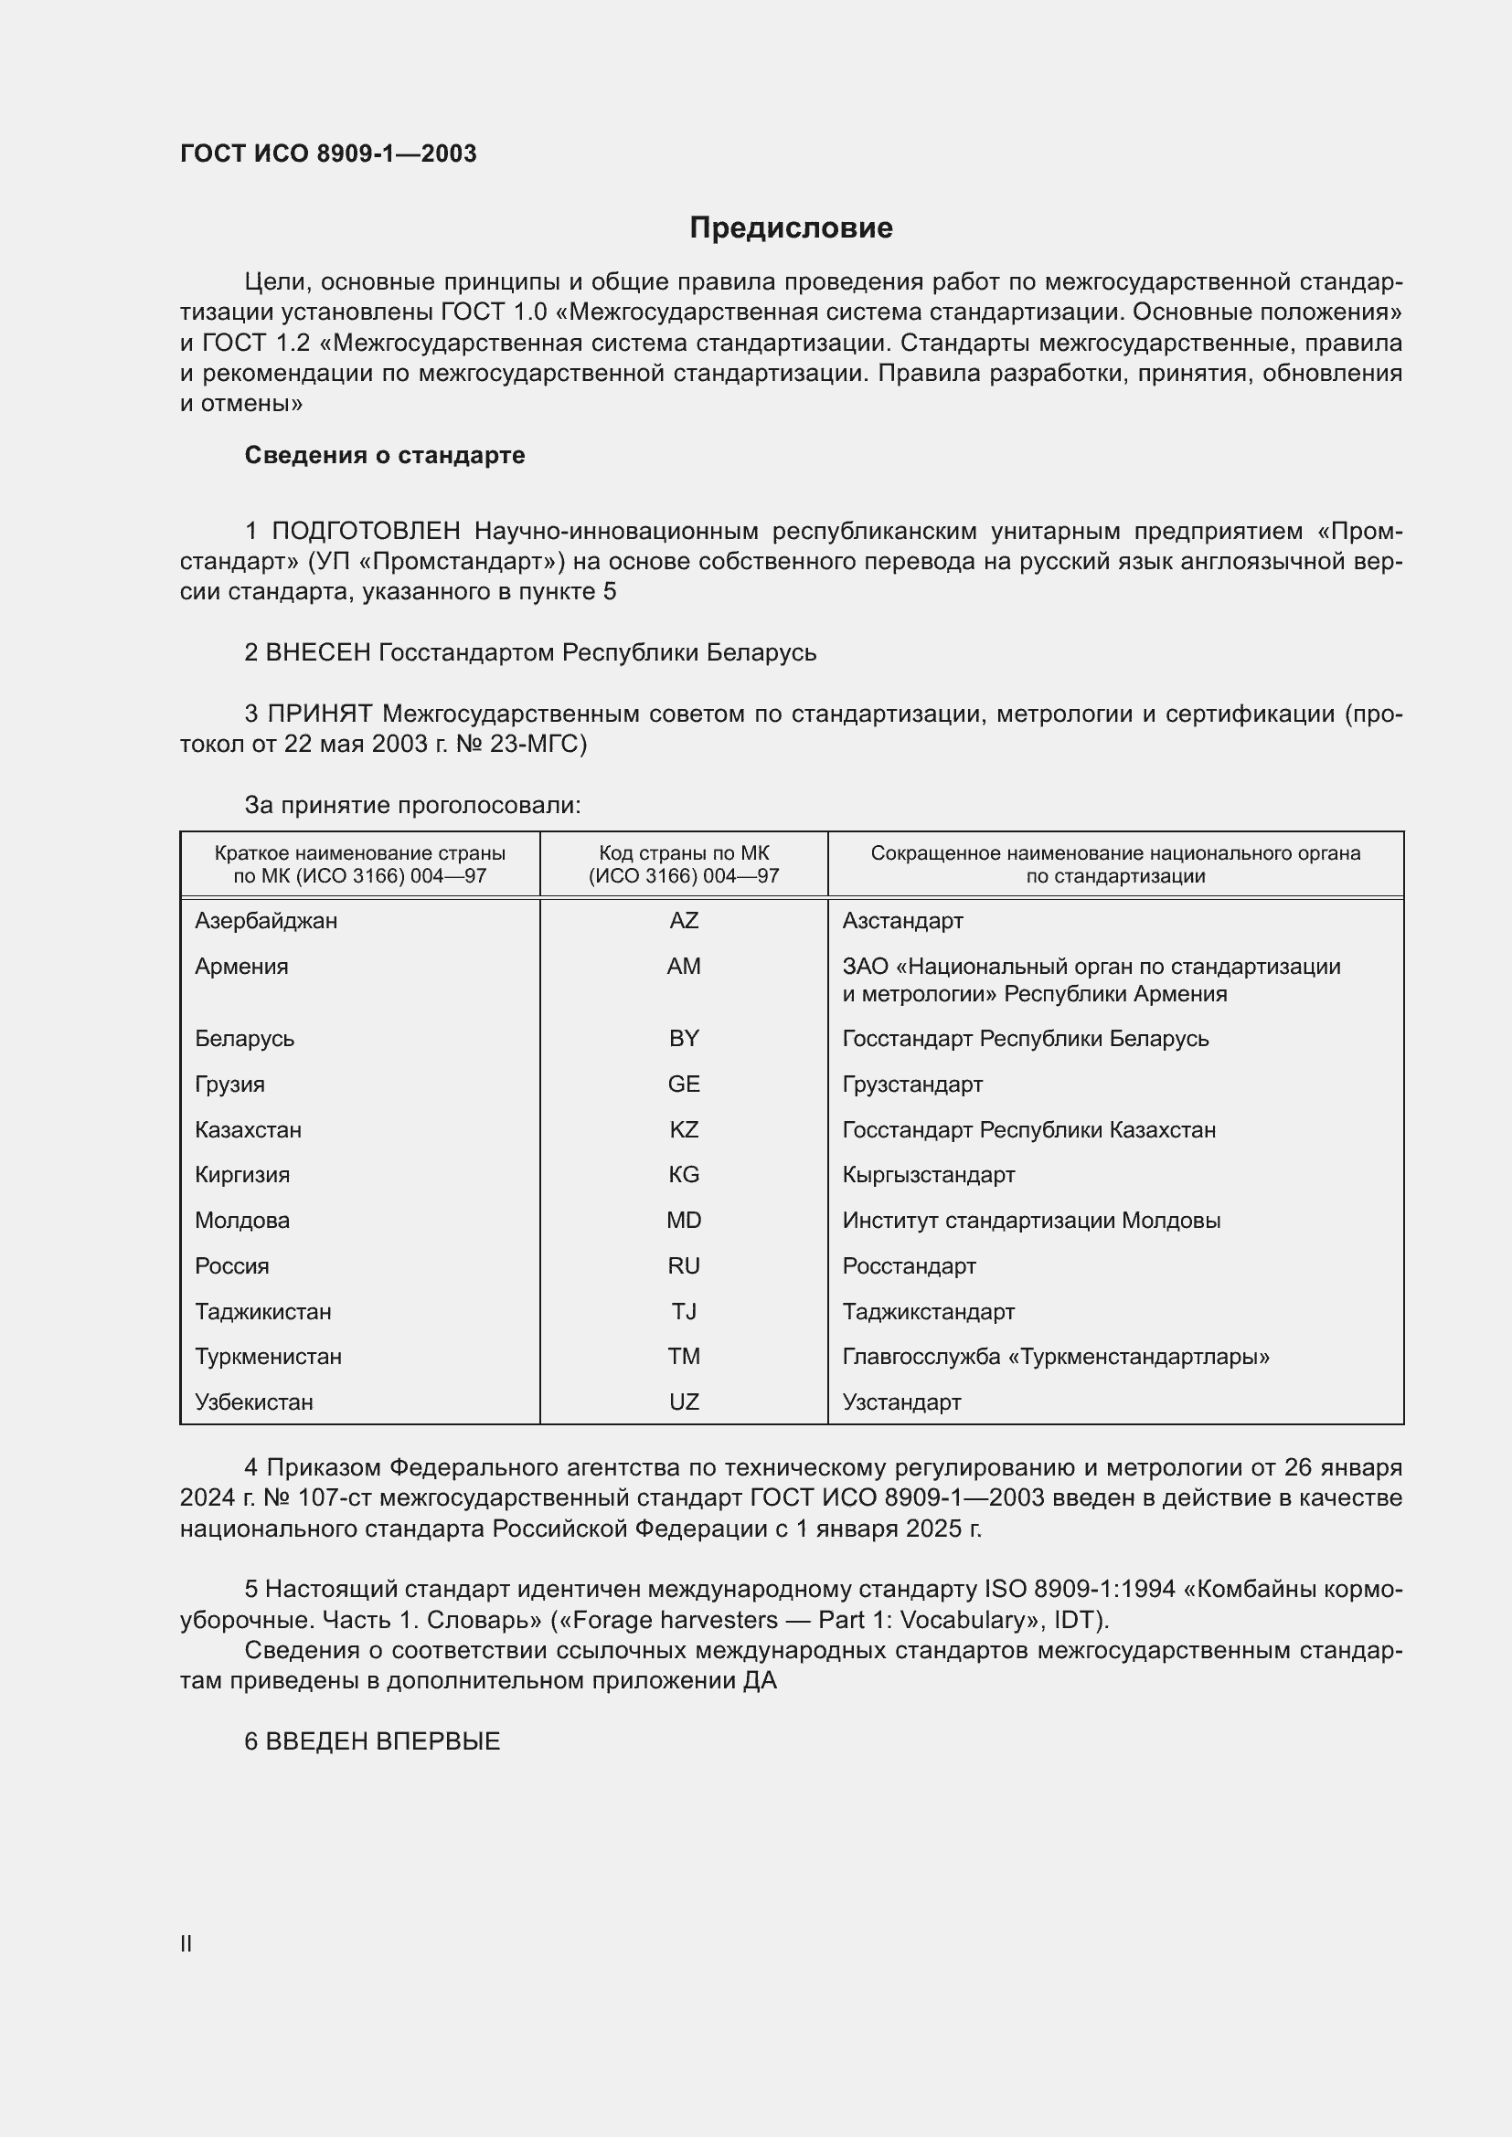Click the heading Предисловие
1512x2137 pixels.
(x=791, y=228)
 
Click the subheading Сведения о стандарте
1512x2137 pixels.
(x=385, y=455)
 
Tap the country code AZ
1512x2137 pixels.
(x=684, y=921)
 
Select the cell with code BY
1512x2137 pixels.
(x=684, y=1039)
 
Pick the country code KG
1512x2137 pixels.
(x=684, y=1175)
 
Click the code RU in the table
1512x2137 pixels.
(x=684, y=1265)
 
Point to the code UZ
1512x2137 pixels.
(x=684, y=1402)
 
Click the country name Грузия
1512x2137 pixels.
(x=230, y=1084)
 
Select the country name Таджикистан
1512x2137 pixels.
(x=262, y=1311)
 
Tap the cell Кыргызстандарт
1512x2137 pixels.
(x=928, y=1175)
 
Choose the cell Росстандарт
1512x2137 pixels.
(x=909, y=1265)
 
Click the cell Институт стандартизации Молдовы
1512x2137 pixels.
(x=1030, y=1221)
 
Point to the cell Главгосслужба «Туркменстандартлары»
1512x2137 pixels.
(x=1056, y=1356)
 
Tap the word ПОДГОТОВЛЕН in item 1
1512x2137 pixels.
(x=366, y=532)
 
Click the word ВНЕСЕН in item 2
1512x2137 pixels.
(x=318, y=652)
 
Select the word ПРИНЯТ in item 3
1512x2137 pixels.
(x=319, y=714)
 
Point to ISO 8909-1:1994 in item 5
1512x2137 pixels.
(x=1080, y=1589)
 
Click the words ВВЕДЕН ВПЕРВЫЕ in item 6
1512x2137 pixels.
(x=383, y=1741)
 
